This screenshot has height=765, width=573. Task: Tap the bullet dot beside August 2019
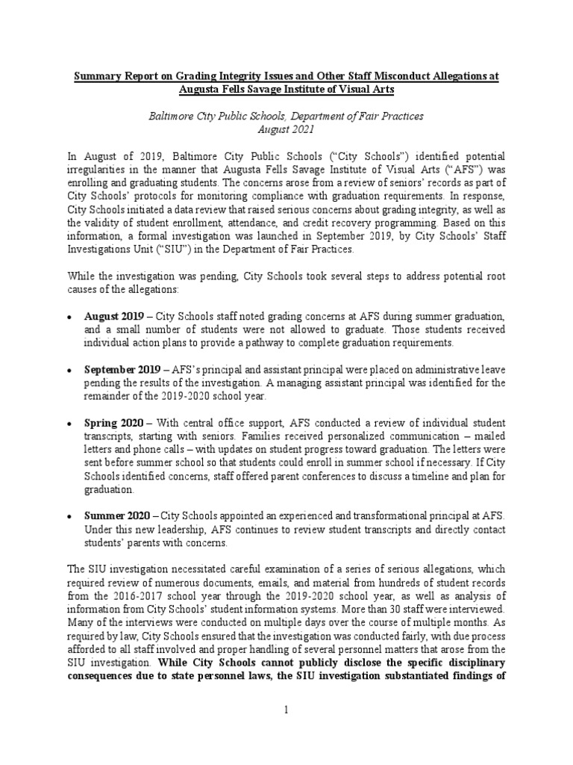(68, 318)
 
